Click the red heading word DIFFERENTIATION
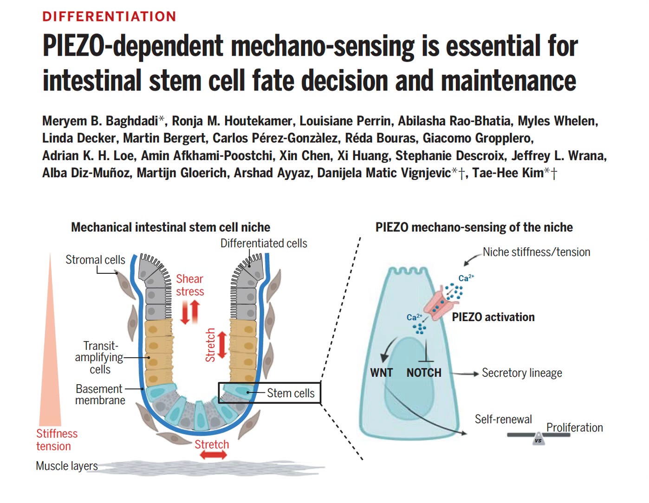click(109, 17)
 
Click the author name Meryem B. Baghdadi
click(100, 121)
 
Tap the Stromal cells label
click(95, 260)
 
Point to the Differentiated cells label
click(264, 244)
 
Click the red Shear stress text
click(190, 285)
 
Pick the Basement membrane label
click(100, 394)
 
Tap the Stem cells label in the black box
click(291, 393)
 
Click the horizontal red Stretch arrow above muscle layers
click(213, 455)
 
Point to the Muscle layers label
click(67, 466)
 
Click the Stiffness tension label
click(57, 440)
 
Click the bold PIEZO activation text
click(493, 317)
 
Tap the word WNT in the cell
click(381, 373)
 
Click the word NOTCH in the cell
click(424, 373)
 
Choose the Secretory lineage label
click(522, 373)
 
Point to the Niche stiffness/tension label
click(536, 252)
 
